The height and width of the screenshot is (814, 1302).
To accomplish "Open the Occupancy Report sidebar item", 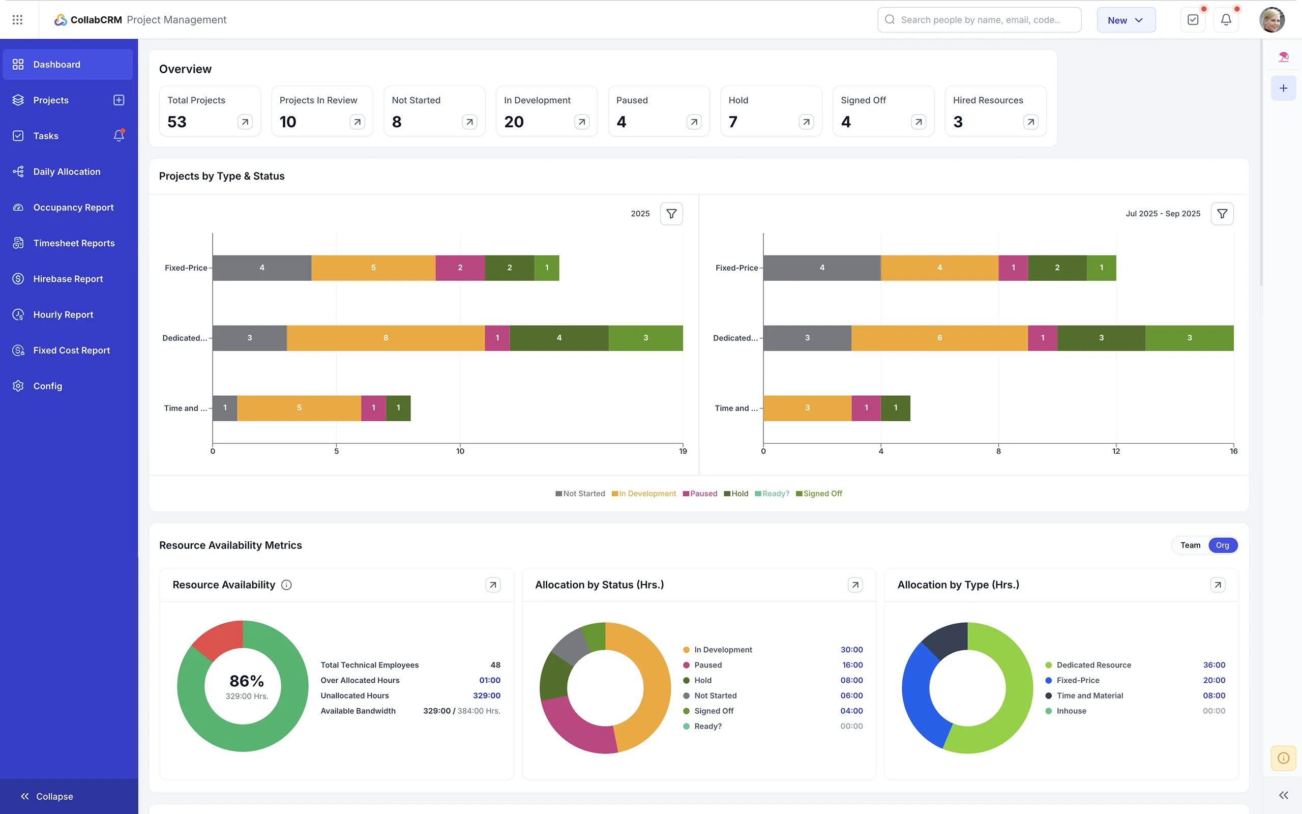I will (73, 207).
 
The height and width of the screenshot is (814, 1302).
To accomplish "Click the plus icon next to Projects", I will (119, 100).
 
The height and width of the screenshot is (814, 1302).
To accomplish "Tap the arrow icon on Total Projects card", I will (245, 122).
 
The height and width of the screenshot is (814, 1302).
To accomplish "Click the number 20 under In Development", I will (514, 122).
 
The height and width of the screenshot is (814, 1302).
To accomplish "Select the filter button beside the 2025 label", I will (671, 214).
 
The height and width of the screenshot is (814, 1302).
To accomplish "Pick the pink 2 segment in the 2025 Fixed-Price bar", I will (459, 268).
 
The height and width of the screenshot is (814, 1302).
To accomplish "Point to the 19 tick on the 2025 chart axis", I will (683, 451).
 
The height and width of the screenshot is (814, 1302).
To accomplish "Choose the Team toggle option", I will (1190, 545).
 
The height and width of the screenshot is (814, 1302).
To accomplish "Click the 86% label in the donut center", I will (246, 681).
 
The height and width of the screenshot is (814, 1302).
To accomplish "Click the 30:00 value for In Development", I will (851, 650).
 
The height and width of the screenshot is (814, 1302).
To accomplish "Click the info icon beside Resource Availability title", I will (287, 585).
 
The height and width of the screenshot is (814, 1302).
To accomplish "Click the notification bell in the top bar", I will (1226, 20).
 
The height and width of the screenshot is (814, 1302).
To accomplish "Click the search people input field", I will (979, 20).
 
